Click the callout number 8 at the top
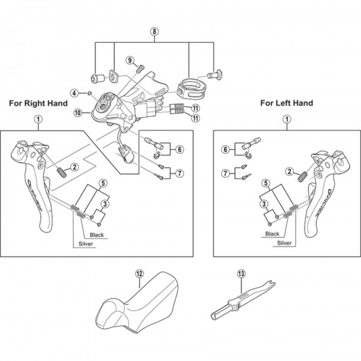154,32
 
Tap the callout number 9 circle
131,61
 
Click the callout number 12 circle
139,274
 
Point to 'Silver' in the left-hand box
284,242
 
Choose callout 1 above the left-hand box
286,119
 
